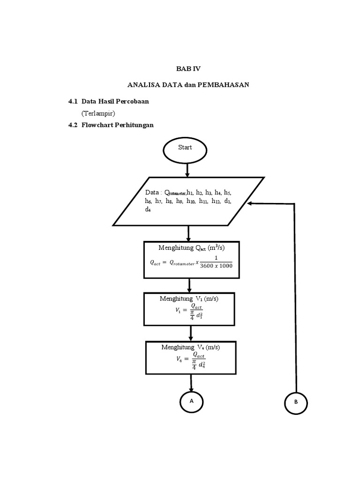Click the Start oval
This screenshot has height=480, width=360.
tap(185, 148)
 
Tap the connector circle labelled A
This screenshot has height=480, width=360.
tap(191, 401)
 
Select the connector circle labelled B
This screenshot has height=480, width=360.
tap(296, 403)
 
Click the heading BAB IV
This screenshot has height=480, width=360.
tap(188, 68)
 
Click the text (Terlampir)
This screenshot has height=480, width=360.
tap(98, 113)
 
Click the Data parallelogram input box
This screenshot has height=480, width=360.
tap(189, 201)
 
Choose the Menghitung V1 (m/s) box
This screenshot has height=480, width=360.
tap(190, 308)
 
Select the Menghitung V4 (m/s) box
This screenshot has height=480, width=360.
tap(190, 358)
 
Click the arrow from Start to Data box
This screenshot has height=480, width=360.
tap(187, 169)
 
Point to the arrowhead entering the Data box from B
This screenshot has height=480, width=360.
tap(251, 203)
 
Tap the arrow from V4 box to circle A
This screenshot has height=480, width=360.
tap(191, 383)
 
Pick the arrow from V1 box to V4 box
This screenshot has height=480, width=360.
tap(190, 333)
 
